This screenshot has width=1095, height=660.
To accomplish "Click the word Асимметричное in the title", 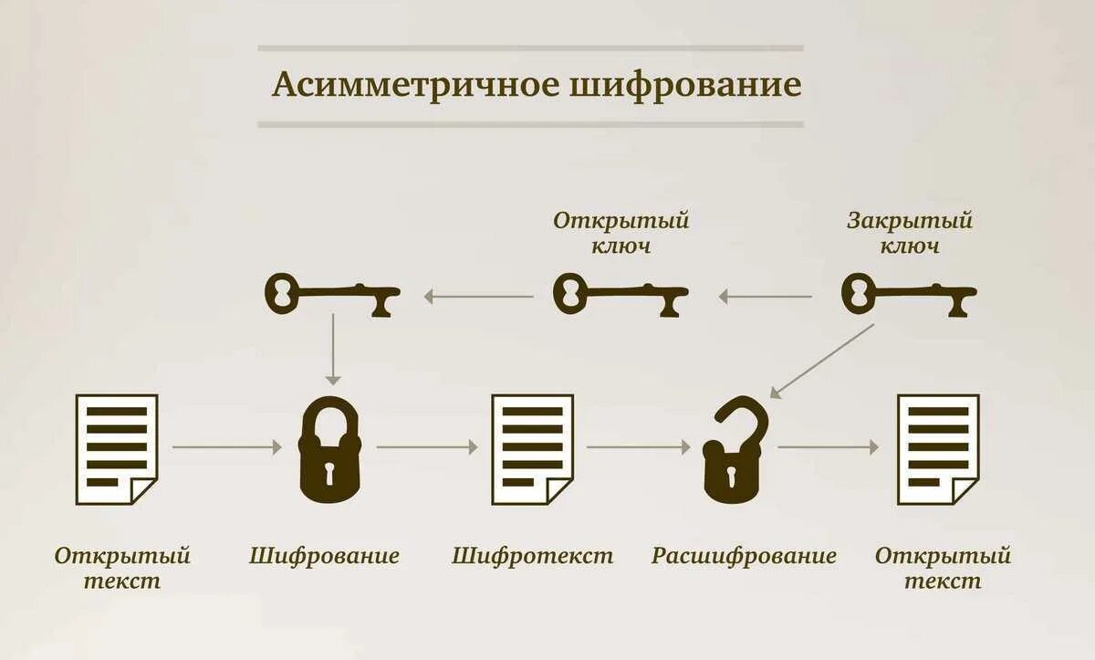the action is (x=414, y=85).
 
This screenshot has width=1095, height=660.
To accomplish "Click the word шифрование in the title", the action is (x=685, y=85).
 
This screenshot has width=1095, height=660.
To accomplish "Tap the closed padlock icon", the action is (x=329, y=451).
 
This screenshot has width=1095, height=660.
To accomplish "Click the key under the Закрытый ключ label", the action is (x=908, y=295).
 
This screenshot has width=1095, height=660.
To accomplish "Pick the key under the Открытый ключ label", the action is (x=620, y=295).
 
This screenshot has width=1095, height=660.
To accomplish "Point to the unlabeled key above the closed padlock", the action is (x=332, y=295).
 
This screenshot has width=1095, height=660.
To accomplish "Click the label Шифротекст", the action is (x=533, y=556).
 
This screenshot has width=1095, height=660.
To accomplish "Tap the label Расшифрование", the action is (x=744, y=556).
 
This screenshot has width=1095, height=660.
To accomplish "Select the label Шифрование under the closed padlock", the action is (x=325, y=556).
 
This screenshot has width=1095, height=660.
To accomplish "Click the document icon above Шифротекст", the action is (x=533, y=449).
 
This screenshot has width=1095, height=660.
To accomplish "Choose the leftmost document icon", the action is (x=117, y=449).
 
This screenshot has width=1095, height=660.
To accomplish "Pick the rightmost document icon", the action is (x=938, y=449).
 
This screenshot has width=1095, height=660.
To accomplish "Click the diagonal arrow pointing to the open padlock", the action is (x=821, y=361).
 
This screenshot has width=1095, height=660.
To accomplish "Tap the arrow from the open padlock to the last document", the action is (x=828, y=447).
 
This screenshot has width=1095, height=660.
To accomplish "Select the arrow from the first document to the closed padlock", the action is (x=226, y=447).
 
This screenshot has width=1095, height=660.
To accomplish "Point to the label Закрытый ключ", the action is (x=910, y=233).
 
